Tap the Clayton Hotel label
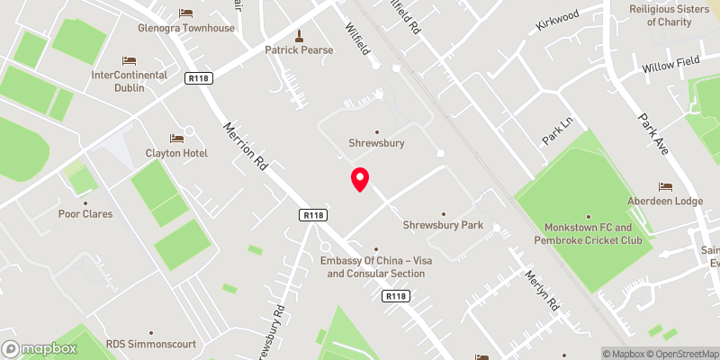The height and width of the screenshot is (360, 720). [176, 153]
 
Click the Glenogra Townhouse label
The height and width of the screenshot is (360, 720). [186, 28]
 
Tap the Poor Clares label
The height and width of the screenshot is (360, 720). [86, 215]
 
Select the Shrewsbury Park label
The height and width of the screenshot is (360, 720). [442, 225]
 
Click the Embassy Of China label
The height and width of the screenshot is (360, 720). [375, 262]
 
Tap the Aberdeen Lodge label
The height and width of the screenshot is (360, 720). [667, 201]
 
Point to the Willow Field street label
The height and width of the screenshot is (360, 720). [670, 65]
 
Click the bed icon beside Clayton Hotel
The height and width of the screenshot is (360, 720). [176, 138]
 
